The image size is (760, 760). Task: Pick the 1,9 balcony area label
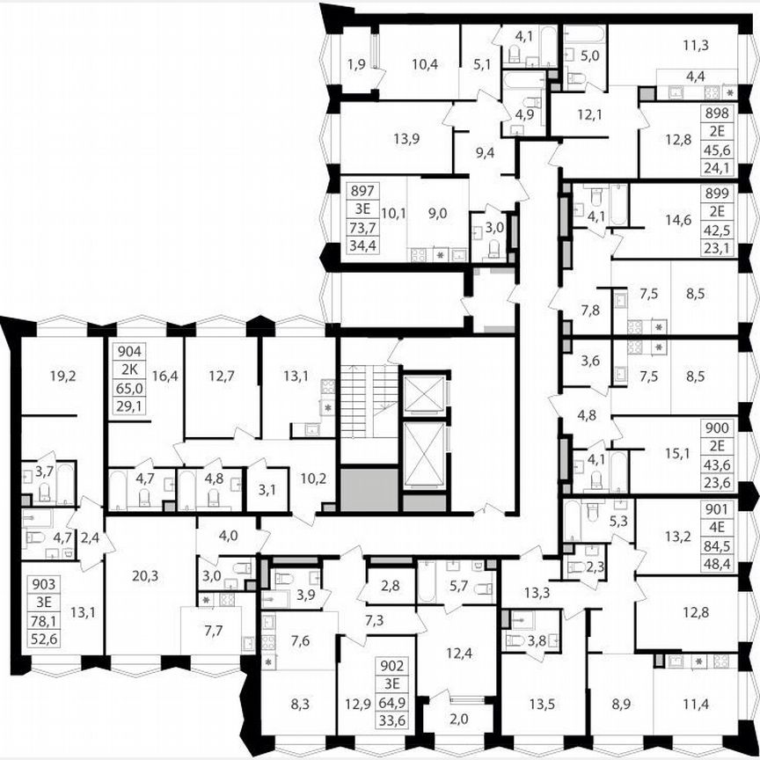(355, 64)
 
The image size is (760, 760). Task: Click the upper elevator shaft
(425, 393)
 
